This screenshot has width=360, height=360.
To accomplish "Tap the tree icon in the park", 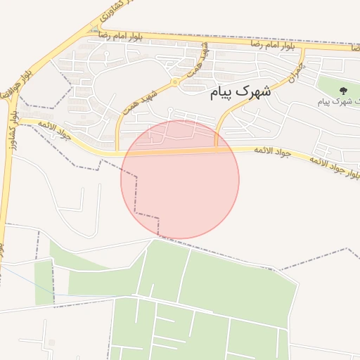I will click(x=343, y=90).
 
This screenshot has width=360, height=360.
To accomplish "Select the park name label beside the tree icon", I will click(x=338, y=102).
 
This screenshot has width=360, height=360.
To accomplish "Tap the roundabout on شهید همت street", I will click(x=174, y=82).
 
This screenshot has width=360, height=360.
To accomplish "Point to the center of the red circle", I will click(x=180, y=179).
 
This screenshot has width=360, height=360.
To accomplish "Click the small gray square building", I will click(x=51, y=342).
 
